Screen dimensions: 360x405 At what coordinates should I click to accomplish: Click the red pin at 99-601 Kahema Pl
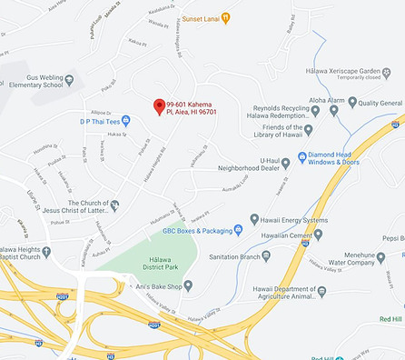pyautogui.click(x=159, y=106)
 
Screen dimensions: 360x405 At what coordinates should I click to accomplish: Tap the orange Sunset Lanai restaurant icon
pyautogui.click(x=226, y=17)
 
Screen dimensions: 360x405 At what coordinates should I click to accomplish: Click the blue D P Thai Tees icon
pyautogui.click(x=126, y=120)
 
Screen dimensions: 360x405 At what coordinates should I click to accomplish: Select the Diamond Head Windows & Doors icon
pyautogui.click(x=289, y=156)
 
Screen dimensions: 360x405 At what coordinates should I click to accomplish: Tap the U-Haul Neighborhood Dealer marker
pyautogui.click(x=285, y=163)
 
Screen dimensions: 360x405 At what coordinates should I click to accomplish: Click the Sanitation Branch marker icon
pyautogui.click(x=266, y=256)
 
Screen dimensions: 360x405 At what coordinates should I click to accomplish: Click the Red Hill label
pyautogui.click(x=390, y=318)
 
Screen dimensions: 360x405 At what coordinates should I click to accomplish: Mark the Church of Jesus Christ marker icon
pyautogui.click(x=114, y=205)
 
